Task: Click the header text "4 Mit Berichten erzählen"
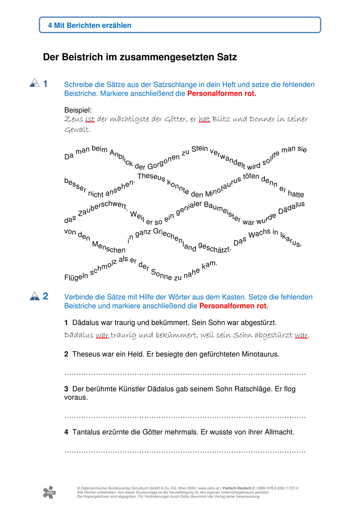pos(89,25)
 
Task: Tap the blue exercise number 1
pos(45,84)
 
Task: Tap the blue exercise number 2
pos(45,296)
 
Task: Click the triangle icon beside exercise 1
pos(35,83)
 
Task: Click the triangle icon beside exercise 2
pos(35,296)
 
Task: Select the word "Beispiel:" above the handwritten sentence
pos(78,110)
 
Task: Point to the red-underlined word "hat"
pos(204,119)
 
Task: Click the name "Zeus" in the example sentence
pos(74,119)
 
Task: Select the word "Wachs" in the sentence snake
pos(259,236)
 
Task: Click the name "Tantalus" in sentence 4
pos(86,432)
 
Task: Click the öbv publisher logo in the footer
pos(49,492)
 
